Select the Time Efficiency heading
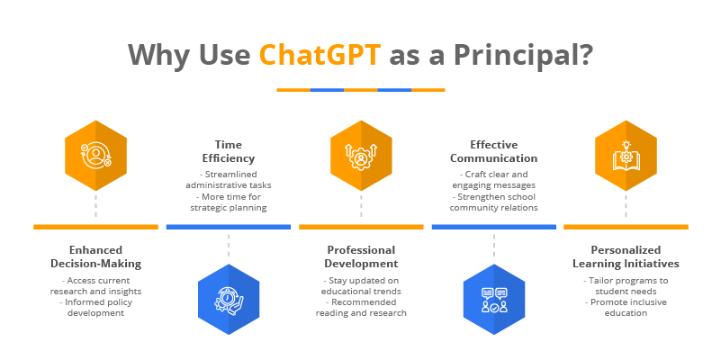pos(228,150)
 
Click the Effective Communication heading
pos(493,150)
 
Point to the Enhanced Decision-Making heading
pos(95,256)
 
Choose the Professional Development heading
pos(361,256)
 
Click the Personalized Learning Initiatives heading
pos(626,256)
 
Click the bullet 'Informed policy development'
pos(95,307)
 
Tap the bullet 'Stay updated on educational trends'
pos(361,285)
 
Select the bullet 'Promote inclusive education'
pos(626,307)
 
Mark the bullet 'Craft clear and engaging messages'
pos(493,179)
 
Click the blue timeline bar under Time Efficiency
pos(228,226)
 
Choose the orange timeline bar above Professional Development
pos(361,226)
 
